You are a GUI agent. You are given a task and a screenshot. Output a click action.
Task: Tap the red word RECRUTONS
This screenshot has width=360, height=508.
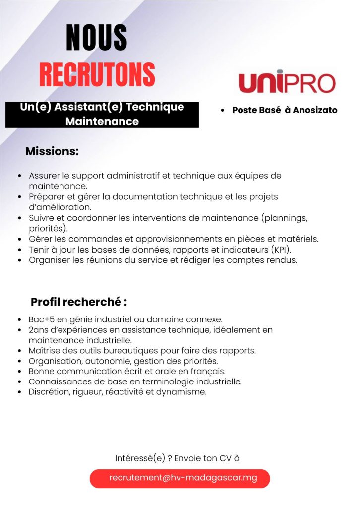[x=97, y=74]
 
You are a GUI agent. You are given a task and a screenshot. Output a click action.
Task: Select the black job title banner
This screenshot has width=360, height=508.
[x=102, y=115]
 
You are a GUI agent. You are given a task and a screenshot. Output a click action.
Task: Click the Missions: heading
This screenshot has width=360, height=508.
[x=52, y=151]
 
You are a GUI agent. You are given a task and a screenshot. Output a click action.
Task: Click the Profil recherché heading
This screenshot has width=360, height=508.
[x=79, y=302]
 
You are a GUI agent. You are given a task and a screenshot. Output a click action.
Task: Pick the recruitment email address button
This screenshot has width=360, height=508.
[x=180, y=478]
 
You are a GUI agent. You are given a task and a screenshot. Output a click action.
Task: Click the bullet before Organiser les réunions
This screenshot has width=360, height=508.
[x=19, y=260]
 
